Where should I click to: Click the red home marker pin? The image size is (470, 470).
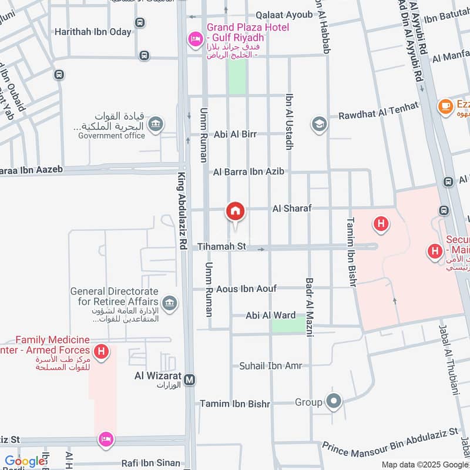236,211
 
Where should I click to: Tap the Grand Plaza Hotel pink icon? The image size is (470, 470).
194,39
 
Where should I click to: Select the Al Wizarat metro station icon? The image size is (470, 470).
189,380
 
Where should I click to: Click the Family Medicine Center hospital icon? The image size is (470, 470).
102,352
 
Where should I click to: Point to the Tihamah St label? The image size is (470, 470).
221,247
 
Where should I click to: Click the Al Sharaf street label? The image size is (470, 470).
291,209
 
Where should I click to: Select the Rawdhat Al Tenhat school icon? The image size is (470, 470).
319,124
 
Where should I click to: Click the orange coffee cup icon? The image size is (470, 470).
445,106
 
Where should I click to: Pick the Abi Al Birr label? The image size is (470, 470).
235,134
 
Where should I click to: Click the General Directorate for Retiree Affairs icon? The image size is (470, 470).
170,303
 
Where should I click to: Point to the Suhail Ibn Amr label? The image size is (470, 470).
270,366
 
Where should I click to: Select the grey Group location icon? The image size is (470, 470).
334,402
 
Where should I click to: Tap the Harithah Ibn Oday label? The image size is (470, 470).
93,32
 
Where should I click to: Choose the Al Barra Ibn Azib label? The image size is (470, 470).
249,172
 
